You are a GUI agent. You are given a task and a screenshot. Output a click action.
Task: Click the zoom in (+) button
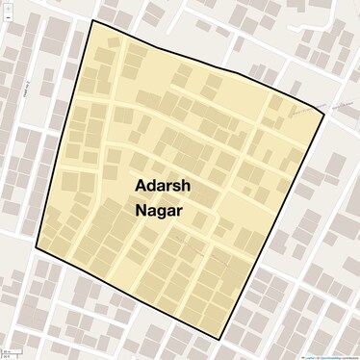pos(6,6)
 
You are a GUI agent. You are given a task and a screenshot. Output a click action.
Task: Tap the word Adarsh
pos(162,184)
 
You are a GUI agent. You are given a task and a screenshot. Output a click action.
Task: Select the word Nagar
pos(160,209)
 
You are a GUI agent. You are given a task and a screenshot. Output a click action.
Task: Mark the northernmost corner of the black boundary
pos(92,20)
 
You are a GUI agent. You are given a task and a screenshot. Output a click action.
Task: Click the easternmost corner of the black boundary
pos(324,114)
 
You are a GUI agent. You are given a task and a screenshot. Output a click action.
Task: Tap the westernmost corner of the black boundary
pos(37,248)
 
